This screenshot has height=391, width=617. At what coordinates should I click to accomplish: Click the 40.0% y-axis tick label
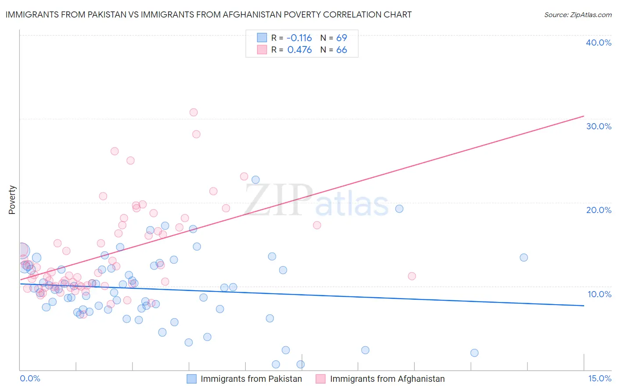click(599, 43)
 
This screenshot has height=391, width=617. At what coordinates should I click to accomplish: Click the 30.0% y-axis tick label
click(599, 126)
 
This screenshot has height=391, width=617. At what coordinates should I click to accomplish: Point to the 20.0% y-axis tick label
click(599, 210)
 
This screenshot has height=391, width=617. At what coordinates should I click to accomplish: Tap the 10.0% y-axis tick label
click(599, 294)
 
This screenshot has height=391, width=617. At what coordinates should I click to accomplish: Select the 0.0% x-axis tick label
click(30, 378)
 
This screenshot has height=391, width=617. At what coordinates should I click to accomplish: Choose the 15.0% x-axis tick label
click(599, 378)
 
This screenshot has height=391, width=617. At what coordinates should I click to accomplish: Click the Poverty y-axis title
click(12, 200)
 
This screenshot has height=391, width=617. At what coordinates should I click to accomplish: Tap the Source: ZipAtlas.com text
click(578, 14)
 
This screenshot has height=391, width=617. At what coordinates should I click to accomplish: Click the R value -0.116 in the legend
click(299, 38)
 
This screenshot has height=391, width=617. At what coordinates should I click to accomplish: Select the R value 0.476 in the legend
click(299, 50)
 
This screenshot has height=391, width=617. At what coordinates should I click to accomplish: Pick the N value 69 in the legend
click(341, 38)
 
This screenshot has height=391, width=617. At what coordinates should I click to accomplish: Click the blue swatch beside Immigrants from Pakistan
click(192, 379)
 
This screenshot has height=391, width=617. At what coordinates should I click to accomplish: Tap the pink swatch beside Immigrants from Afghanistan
click(321, 379)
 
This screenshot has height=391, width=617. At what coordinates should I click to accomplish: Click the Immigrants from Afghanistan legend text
click(387, 379)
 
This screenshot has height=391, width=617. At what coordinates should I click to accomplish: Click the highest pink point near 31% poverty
click(194, 112)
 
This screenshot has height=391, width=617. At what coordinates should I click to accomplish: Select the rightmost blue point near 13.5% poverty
click(524, 257)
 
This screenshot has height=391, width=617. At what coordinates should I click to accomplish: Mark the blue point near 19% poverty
click(399, 209)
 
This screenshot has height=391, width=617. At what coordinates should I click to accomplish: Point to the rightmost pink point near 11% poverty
click(412, 276)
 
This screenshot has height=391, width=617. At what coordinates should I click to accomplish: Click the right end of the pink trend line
click(584, 116)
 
